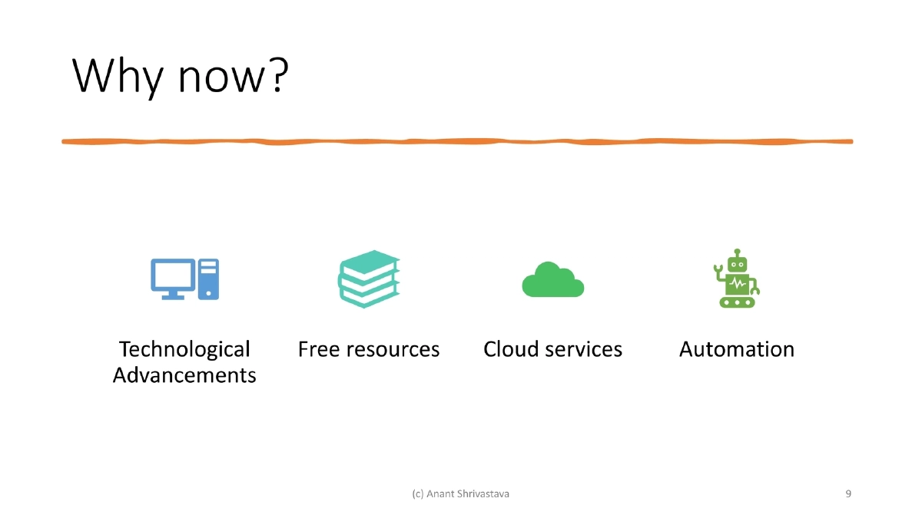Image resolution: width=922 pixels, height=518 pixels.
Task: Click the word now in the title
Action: (217, 78)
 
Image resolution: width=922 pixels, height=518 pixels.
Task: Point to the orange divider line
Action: (457, 142)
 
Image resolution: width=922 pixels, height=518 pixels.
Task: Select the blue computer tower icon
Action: (208, 279)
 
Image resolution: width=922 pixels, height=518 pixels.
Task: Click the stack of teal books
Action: (369, 278)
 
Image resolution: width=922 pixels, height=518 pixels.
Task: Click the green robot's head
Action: (737, 262)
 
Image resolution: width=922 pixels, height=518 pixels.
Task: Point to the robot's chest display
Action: (737, 284)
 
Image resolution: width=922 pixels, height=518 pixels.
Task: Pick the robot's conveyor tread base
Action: (737, 302)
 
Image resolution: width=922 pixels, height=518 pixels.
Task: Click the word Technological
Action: (184, 350)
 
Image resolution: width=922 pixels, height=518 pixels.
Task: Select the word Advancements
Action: (184, 376)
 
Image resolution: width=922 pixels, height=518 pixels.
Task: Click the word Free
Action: (319, 350)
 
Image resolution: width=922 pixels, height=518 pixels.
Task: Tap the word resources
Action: (393, 351)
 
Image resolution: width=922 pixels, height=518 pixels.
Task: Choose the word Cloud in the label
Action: (511, 350)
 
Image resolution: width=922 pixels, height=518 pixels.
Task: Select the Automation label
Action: (736, 350)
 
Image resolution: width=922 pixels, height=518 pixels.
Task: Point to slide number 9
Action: (847, 493)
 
